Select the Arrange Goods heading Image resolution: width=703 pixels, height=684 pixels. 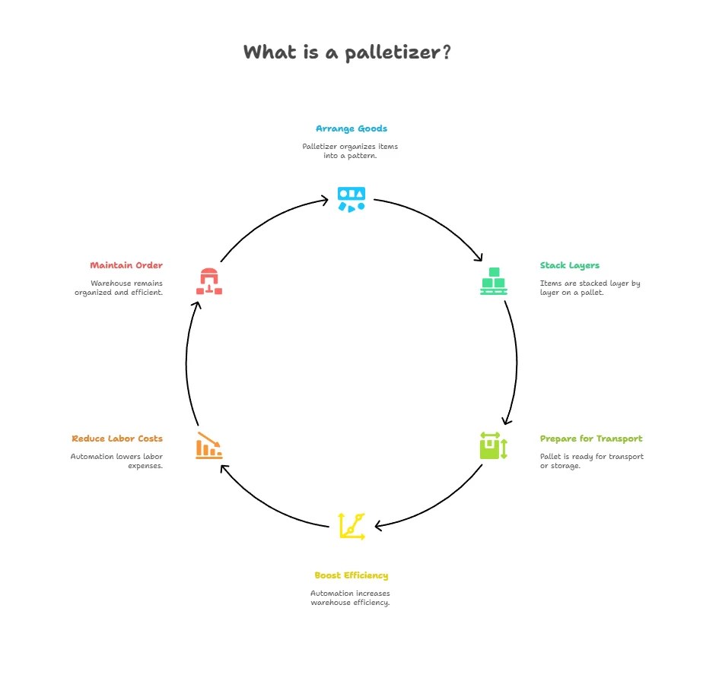(x=351, y=128)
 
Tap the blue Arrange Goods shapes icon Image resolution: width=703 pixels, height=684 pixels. (x=351, y=199)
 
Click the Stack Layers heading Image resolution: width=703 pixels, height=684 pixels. (x=570, y=265)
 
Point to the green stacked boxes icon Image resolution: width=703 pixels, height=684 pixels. (x=494, y=281)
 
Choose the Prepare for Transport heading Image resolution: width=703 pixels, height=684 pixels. (x=591, y=439)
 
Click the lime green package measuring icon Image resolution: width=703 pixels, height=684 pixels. (x=493, y=446)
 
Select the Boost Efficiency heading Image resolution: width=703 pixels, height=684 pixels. (x=351, y=575)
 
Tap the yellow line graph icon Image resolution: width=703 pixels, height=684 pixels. (x=351, y=526)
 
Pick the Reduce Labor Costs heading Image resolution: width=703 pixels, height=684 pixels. (x=117, y=439)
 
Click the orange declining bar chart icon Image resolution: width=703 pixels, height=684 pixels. (x=209, y=445)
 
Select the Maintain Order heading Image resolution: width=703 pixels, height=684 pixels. (x=126, y=265)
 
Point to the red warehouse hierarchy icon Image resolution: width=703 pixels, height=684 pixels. (x=209, y=281)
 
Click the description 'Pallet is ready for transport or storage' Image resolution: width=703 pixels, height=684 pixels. (x=592, y=461)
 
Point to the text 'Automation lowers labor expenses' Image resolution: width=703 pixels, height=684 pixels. (x=116, y=461)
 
